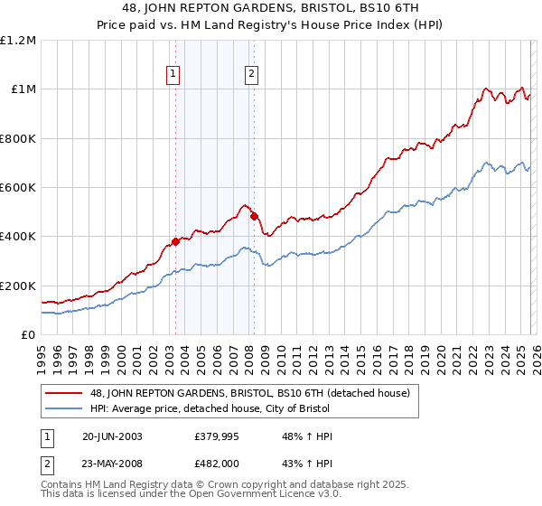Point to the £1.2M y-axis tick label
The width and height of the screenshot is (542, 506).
19,41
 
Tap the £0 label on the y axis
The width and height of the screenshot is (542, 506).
29,335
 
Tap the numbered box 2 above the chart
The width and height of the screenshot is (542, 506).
251,75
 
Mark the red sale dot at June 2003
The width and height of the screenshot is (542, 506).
175,241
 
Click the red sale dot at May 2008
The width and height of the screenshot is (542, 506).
254,217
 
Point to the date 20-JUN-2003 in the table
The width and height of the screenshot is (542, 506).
112,436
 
